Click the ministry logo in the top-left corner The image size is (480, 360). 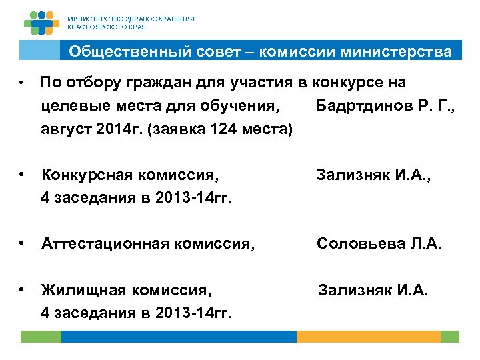pos(41,23)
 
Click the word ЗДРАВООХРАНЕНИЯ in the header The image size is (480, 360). pos(160,19)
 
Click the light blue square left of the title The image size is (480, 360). pos(39,51)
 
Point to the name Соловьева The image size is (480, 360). pos(357,244)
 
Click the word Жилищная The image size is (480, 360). pos(85,290)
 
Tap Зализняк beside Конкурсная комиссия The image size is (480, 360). pos(355,175)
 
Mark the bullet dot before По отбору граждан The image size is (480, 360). pos(23,83)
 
